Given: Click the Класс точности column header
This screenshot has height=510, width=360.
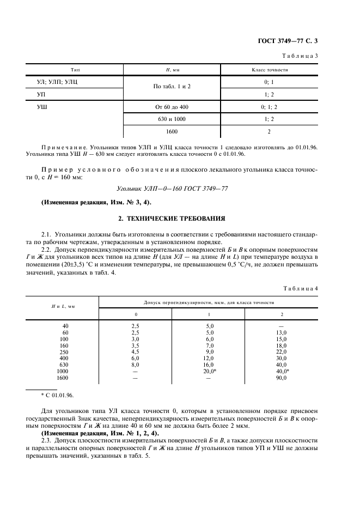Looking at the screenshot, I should click(x=270, y=70).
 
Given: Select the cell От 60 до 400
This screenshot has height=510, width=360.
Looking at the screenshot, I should click(x=172, y=107).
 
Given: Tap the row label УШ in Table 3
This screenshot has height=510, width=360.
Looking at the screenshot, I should click(x=41, y=107).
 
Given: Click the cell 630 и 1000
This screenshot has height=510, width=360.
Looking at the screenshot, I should click(x=172, y=119).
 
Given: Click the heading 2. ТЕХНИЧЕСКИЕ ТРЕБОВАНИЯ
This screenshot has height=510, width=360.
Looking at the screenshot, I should click(x=180, y=218).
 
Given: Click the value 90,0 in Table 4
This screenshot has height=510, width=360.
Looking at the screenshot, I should click(x=282, y=378).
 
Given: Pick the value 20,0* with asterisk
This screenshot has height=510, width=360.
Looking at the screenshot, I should click(x=209, y=371).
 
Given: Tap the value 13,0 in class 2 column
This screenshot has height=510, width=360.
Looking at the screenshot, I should click(x=282, y=332).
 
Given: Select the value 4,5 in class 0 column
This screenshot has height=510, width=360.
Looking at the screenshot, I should click(x=136, y=351).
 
